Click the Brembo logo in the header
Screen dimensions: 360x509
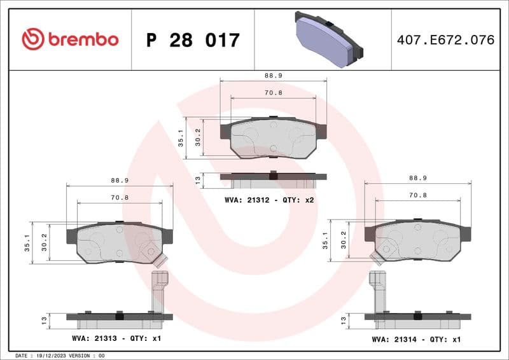(x=70, y=39)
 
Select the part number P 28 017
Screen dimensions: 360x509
(x=193, y=40)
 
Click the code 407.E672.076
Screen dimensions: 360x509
(x=445, y=40)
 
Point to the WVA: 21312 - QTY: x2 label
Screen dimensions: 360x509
(x=270, y=200)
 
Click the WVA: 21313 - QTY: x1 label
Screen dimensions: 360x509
(x=117, y=338)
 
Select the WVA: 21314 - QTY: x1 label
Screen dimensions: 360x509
(x=416, y=339)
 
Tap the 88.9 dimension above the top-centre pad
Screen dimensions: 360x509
(x=274, y=75)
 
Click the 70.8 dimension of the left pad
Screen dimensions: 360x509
(x=120, y=198)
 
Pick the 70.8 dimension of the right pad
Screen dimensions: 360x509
(x=417, y=195)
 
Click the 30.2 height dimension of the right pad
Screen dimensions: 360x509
(x=344, y=240)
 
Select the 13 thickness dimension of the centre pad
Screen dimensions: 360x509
(x=198, y=181)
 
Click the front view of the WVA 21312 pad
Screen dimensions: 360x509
(x=273, y=138)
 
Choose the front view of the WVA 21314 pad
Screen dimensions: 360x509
(x=417, y=240)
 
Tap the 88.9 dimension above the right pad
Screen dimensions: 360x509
(x=417, y=179)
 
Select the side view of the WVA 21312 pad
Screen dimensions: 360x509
(x=273, y=179)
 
